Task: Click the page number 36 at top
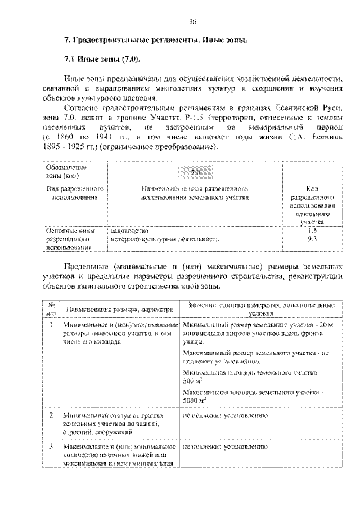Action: point(192,22)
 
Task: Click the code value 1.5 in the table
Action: point(312,231)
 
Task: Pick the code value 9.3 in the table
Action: point(312,239)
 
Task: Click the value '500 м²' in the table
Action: point(194,381)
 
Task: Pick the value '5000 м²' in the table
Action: point(196,400)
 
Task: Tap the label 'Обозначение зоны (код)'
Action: point(65,172)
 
